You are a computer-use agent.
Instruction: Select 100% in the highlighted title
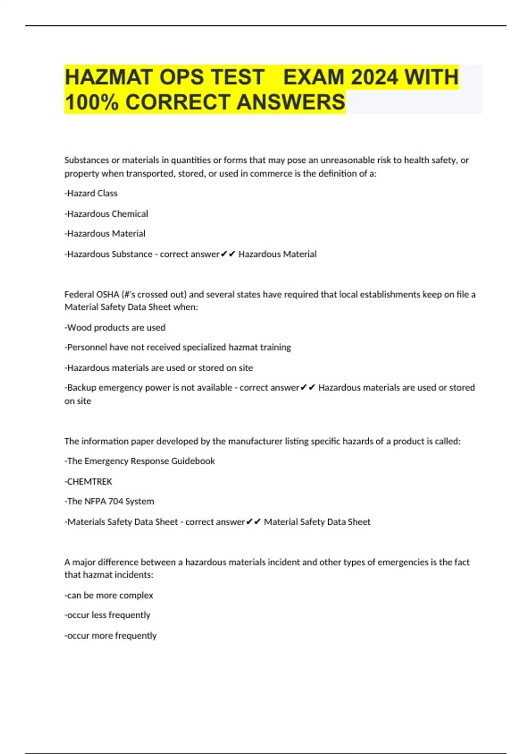91,102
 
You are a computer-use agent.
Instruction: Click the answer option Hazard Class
91,193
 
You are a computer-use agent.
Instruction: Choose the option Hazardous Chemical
107,214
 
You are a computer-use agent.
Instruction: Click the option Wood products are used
115,328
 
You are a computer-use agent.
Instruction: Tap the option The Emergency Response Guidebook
140,461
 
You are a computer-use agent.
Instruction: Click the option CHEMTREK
89,482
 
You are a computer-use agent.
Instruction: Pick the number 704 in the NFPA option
116,502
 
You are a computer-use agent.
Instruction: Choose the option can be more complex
109,595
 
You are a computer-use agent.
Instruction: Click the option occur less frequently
108,615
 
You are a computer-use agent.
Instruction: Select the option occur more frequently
111,636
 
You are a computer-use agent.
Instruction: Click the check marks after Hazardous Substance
228,254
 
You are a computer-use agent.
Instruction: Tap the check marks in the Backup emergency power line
308,388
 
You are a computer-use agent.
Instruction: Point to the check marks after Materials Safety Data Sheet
253,522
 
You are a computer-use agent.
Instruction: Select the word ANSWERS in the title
291,102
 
